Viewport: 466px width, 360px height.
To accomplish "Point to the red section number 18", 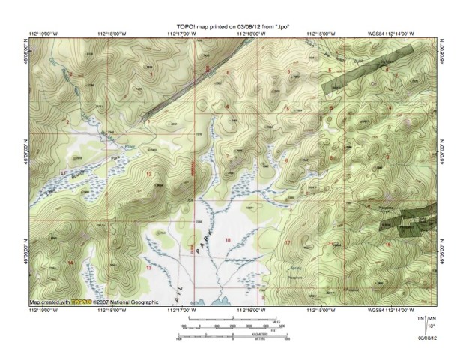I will (x=228, y=239).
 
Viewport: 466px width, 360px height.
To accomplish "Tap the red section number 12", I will (x=148, y=174).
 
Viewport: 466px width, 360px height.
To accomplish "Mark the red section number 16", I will (x=387, y=244).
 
